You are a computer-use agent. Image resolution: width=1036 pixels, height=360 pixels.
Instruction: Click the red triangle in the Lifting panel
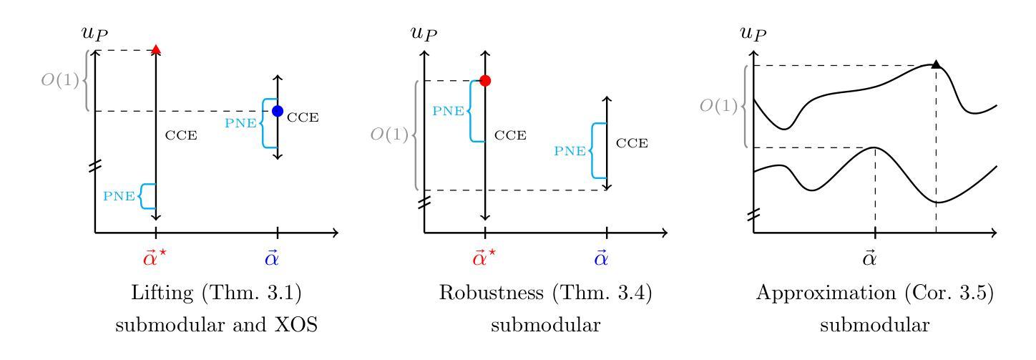(156, 49)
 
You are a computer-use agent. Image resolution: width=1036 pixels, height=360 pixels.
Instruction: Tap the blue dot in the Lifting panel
(278, 111)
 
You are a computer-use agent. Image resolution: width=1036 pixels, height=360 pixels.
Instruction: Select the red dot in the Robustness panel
(485, 81)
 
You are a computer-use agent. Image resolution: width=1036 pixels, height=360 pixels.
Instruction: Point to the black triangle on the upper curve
(935, 65)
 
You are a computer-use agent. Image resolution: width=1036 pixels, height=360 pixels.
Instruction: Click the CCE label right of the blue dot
(303, 117)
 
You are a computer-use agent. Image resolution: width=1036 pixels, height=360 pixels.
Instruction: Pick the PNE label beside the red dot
(448, 111)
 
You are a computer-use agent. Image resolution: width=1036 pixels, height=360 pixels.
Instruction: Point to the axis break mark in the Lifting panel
(94, 167)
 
